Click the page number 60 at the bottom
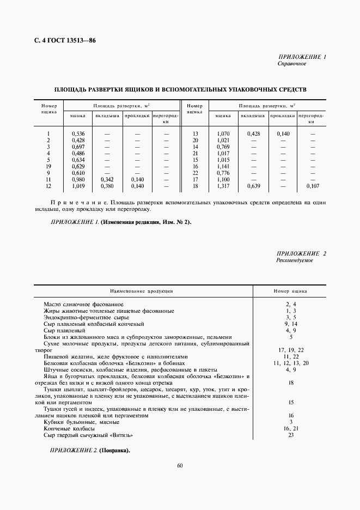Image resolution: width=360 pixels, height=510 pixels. click(x=180, y=465)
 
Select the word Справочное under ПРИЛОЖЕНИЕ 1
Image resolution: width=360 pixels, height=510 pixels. click(x=292, y=64)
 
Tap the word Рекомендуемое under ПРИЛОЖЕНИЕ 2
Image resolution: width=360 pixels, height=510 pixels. click(x=295, y=261)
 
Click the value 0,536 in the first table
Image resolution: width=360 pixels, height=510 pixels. click(x=78, y=133)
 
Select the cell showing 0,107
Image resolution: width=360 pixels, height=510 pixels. click(x=312, y=186)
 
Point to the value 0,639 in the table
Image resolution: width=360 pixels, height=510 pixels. click(x=253, y=186)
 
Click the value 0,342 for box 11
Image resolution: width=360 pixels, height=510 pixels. click(x=107, y=179)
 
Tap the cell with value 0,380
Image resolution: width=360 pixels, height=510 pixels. click(x=107, y=186)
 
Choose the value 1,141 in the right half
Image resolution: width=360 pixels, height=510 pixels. click(x=223, y=166)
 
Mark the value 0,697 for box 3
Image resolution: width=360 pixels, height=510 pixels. click(x=78, y=147)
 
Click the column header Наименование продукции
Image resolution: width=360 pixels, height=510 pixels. click(x=142, y=292)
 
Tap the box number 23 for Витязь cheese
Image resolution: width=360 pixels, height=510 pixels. click(x=291, y=435)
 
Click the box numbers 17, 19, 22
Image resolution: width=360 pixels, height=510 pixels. click(x=291, y=350)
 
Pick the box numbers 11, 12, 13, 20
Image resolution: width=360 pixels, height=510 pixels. click(x=291, y=363)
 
